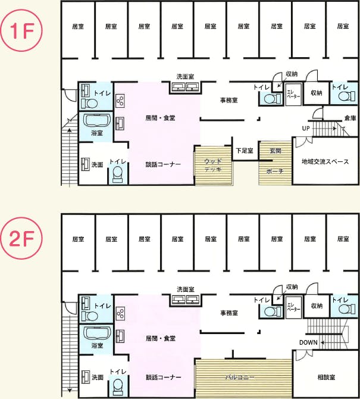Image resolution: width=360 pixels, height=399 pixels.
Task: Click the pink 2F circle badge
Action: (x=23, y=241)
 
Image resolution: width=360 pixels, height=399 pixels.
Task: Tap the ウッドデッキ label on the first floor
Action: (x=213, y=165)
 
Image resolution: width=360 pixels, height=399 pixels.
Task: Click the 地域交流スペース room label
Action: (x=325, y=161)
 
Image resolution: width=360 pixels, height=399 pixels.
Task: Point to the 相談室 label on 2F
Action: (x=327, y=377)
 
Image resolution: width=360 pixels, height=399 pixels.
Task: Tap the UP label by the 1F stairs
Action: (x=305, y=128)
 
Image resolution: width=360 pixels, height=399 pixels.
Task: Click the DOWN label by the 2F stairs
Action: (x=308, y=342)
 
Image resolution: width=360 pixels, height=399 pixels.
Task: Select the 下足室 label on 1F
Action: (x=244, y=150)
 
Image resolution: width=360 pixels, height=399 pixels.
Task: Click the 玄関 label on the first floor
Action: (x=276, y=150)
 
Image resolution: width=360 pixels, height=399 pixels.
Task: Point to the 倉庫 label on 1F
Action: (x=350, y=119)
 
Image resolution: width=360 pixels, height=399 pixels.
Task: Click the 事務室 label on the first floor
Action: (x=229, y=100)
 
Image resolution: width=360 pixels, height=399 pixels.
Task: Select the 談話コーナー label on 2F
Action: (x=164, y=377)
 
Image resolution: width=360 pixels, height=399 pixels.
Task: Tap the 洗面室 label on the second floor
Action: (x=185, y=289)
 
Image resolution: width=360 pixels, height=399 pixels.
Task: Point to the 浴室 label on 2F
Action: (x=97, y=345)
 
